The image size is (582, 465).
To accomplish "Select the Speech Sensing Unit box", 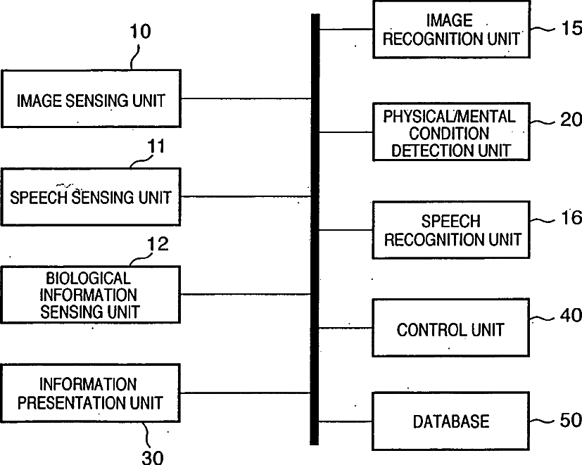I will (91, 197).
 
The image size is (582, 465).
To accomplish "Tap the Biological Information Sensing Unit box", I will (91, 295).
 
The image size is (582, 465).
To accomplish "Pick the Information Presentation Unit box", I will (91, 393).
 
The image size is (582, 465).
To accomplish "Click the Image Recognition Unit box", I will (450, 30).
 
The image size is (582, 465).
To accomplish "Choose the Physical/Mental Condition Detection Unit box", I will (450, 132).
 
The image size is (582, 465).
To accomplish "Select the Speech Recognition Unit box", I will (450, 230).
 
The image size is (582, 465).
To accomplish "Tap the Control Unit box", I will (450, 329).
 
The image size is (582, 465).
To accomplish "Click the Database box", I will (450, 421).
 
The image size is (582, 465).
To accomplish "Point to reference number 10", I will (140, 32).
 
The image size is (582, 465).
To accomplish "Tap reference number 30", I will (153, 456).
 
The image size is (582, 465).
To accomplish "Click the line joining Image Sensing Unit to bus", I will (246, 98).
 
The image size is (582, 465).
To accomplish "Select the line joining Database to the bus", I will (346, 422).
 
